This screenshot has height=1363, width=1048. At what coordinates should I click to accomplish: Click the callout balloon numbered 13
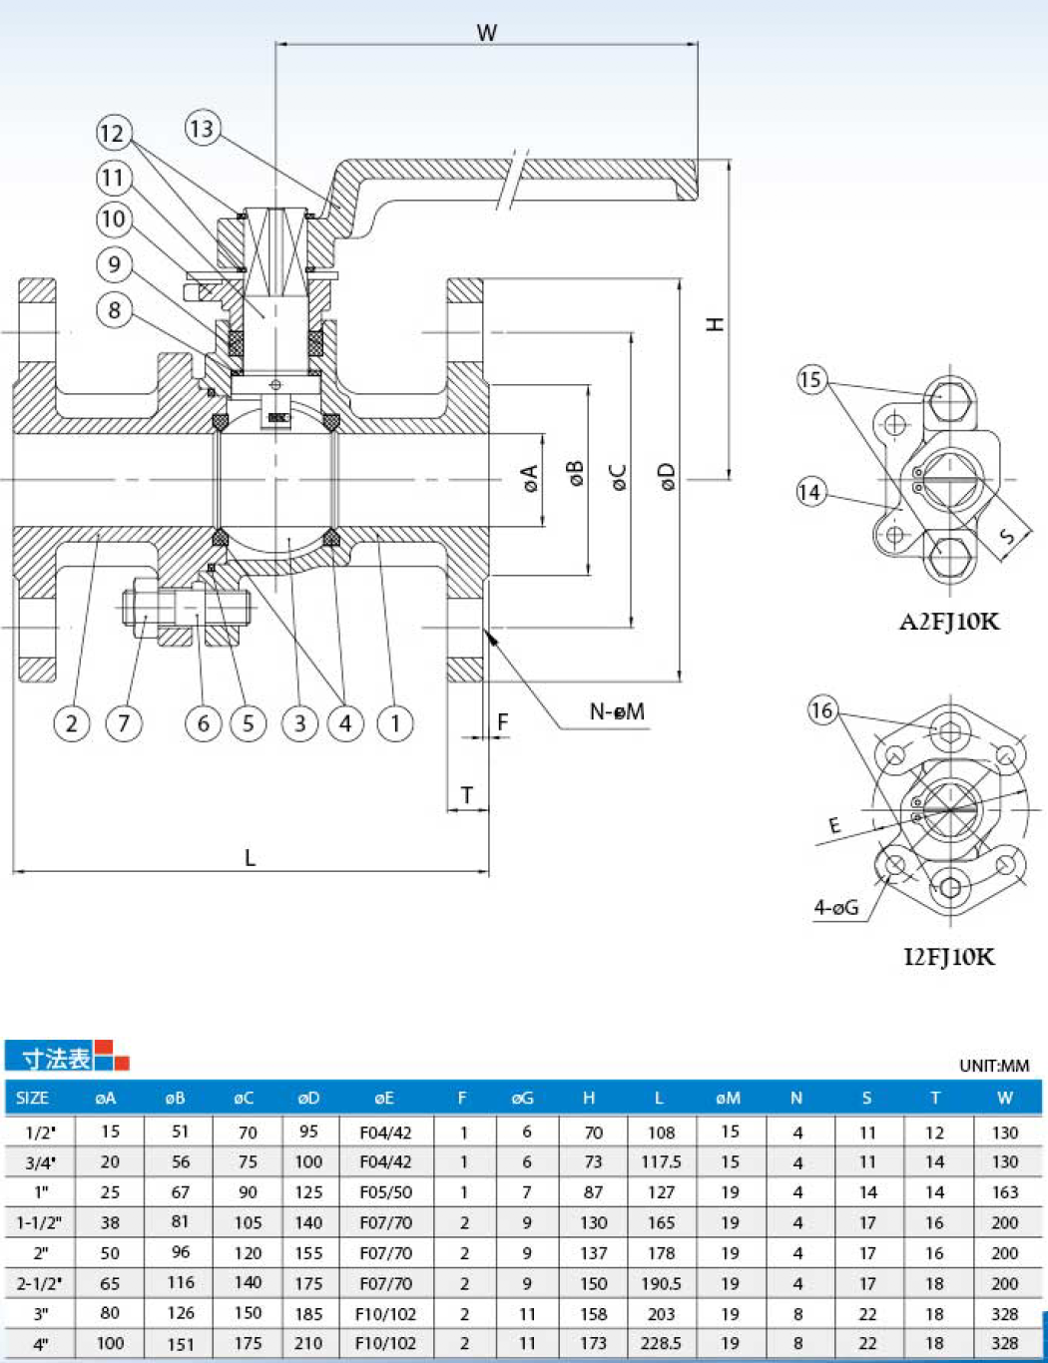202,129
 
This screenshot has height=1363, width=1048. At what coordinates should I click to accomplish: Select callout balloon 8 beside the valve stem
114,310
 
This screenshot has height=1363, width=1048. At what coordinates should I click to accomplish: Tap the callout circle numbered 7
124,723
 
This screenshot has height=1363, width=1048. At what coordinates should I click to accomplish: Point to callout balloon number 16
822,710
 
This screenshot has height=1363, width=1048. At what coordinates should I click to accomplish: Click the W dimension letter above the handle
487,33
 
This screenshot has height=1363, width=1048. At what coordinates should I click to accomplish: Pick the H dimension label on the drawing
716,324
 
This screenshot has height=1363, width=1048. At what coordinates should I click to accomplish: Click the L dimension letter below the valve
251,857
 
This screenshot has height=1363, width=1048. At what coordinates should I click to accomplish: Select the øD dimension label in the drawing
668,477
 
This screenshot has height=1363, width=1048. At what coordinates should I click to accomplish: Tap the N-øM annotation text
617,711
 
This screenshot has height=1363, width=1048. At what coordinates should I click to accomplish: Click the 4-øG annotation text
836,907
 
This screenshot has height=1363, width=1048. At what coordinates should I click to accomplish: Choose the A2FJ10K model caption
949,622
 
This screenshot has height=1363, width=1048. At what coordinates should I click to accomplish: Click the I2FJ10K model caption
949,957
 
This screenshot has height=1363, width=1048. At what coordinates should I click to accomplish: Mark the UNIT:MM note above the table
994,1066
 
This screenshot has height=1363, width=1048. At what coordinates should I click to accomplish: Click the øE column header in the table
384,1098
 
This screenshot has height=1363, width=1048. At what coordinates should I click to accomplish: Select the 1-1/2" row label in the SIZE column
40,1222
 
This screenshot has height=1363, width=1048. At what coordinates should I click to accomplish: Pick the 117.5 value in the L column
661,1162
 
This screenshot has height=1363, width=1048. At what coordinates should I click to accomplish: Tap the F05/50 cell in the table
385,1191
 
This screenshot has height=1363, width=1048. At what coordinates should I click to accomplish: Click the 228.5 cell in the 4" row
661,1343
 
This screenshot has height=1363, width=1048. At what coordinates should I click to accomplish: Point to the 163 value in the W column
1005,1191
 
